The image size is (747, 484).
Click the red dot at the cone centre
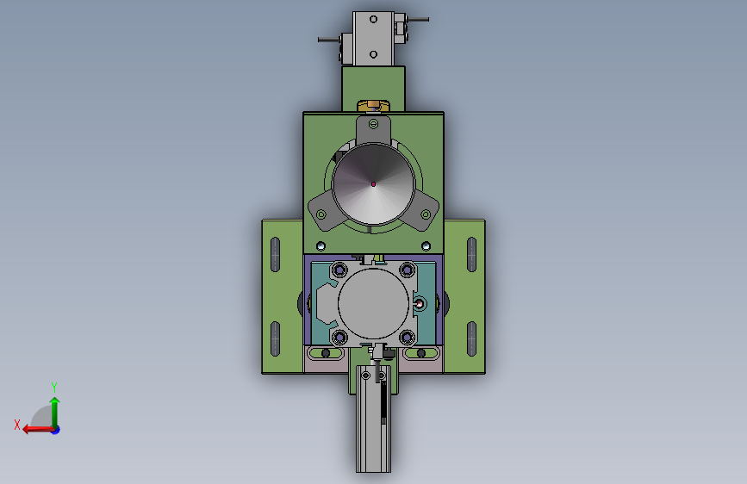pyautogui.click(x=374, y=184)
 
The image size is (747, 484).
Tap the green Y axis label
pyautogui.click(x=54, y=387)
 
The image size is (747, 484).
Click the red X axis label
pyautogui.click(x=17, y=425)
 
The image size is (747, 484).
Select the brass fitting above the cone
pyautogui.click(x=374, y=105)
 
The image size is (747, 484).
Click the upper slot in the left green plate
pyautogui.click(x=275, y=254)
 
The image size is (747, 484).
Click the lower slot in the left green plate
pyautogui.click(x=275, y=339)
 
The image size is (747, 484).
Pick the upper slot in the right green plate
pyautogui.click(x=471, y=254)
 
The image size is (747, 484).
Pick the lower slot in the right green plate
pyautogui.click(x=471, y=339)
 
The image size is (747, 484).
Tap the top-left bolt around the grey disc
pyautogui.click(x=339, y=270)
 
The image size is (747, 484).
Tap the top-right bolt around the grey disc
pyautogui.click(x=408, y=270)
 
